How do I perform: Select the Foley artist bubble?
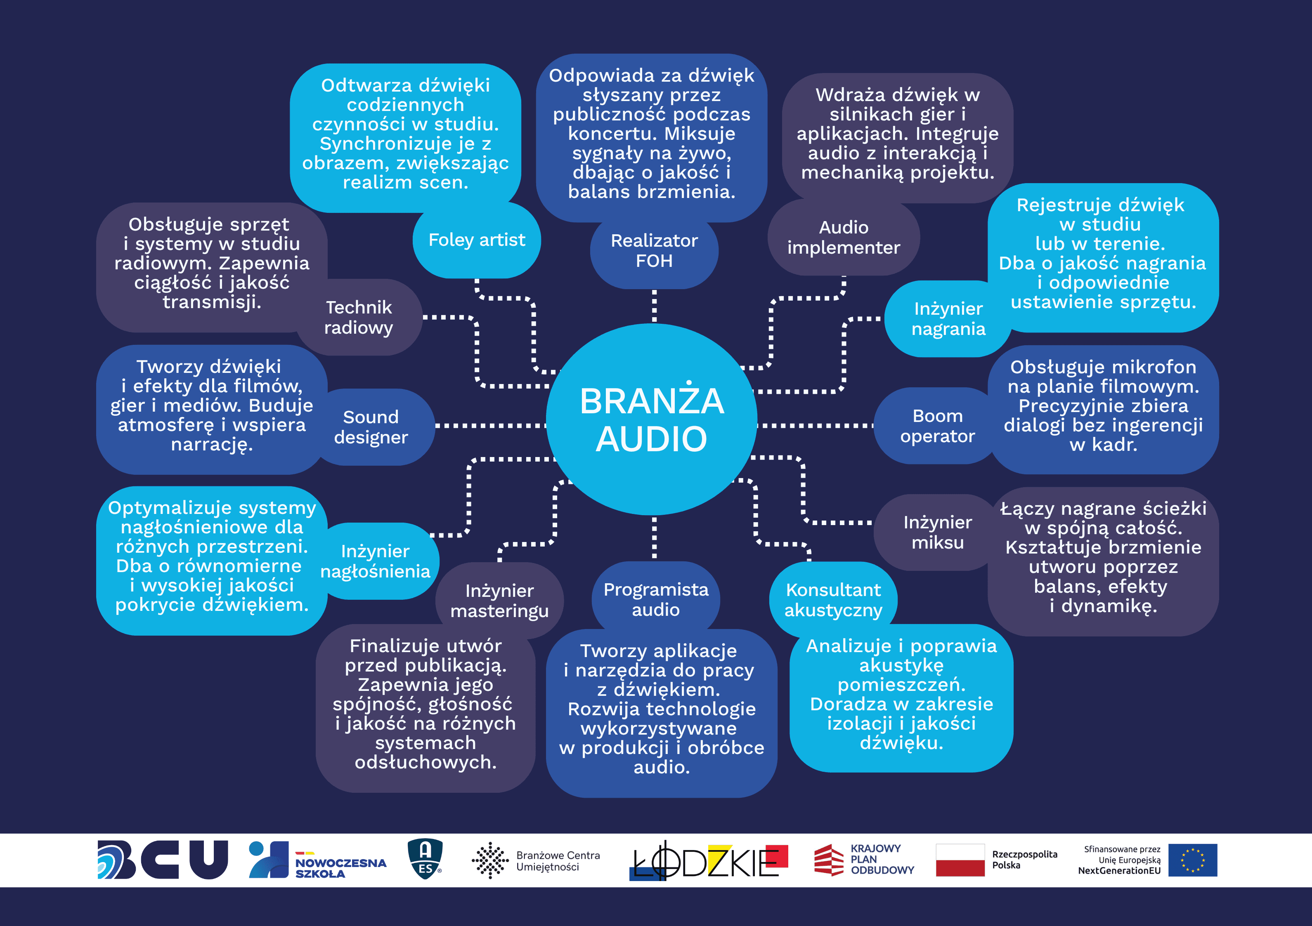[x=477, y=240]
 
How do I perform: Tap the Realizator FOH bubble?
[x=654, y=251]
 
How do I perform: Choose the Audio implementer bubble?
[x=844, y=238]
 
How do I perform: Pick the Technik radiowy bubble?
[x=359, y=318]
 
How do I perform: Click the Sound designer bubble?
[x=371, y=427]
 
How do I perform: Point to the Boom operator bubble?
[x=937, y=426]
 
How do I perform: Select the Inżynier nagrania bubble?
[x=948, y=319]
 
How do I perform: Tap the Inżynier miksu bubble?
[x=937, y=533]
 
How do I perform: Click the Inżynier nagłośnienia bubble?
[x=376, y=561]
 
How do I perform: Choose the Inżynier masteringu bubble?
[x=499, y=601]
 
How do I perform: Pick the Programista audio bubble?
[x=655, y=600]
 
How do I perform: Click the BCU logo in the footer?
[x=163, y=859]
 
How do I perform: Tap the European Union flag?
[x=1193, y=860]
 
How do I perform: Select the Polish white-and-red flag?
[x=960, y=860]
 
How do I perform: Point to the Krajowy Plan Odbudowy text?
[x=882, y=859]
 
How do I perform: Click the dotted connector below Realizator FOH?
[x=654, y=306]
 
